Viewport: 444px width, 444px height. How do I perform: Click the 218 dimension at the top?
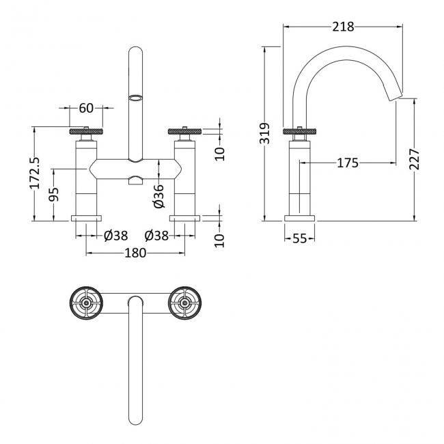pyautogui.click(x=342, y=27)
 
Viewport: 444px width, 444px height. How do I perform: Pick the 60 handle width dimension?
pyautogui.click(x=86, y=108)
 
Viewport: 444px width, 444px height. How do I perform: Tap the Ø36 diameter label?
pyautogui.click(x=157, y=195)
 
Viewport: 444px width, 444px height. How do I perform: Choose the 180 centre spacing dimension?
pyautogui.click(x=135, y=253)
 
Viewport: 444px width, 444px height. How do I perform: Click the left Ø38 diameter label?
pyautogui.click(x=115, y=235)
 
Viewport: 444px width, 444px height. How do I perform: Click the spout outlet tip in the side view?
pyautogui.click(x=396, y=98)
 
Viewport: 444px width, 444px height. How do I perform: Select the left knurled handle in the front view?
pyautogui.click(x=86, y=131)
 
